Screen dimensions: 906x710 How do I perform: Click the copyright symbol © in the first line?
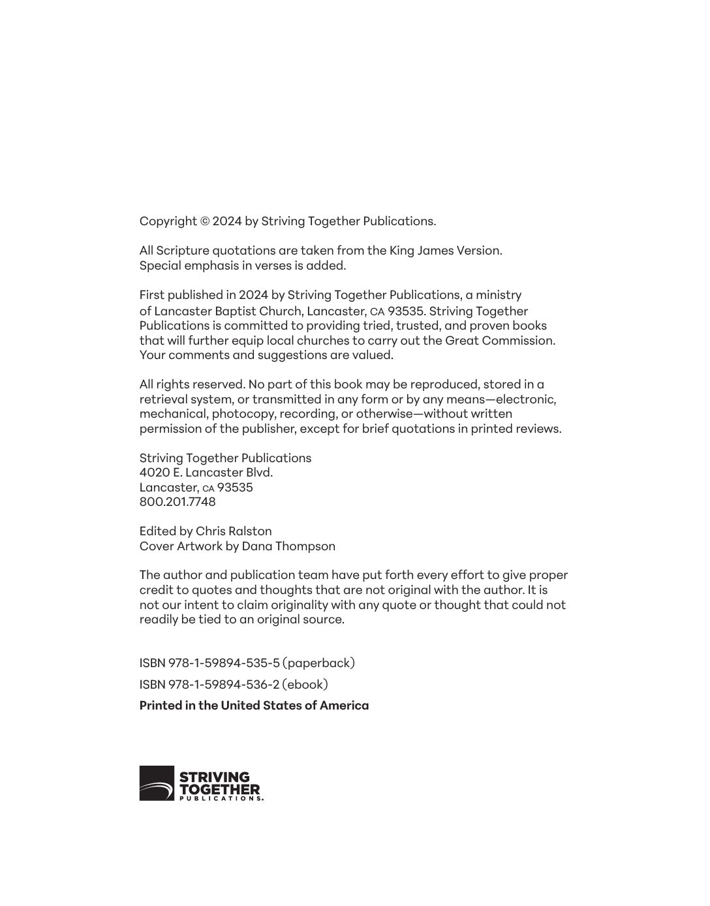click(x=205, y=221)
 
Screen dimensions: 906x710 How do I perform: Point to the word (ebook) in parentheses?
click(x=305, y=685)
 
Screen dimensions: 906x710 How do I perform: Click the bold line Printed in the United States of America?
click(x=254, y=706)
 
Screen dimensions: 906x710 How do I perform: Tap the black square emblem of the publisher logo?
click(x=157, y=783)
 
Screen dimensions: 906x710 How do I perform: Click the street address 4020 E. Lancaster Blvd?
click(x=206, y=473)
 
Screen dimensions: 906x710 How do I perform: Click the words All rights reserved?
click(x=192, y=384)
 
